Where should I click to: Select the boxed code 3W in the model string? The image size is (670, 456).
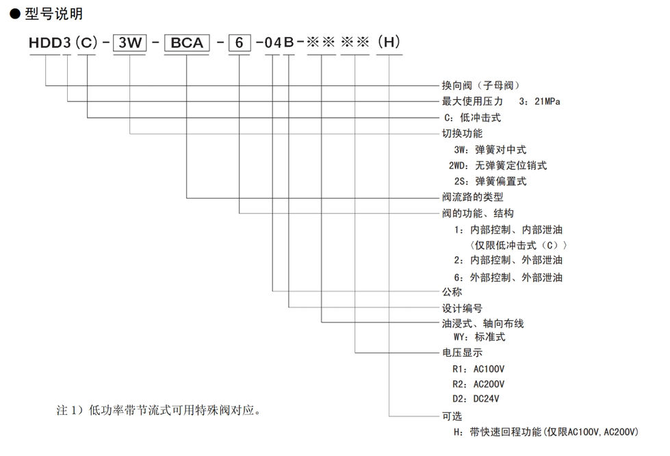[x=129, y=42]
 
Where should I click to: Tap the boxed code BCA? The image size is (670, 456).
[x=186, y=42]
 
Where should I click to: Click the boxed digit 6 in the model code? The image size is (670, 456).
[x=239, y=42]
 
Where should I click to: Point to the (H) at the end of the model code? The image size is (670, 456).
[x=389, y=42]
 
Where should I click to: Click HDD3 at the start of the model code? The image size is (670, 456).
[x=50, y=42]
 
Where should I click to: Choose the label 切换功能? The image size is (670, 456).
[x=462, y=134]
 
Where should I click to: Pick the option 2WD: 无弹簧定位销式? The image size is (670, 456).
[x=498, y=165]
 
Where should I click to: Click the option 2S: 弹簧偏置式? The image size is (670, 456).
[x=490, y=181]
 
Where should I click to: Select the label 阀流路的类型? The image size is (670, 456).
[x=472, y=197]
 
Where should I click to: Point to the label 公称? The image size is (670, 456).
[x=452, y=292]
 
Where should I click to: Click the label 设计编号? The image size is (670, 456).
[x=462, y=308]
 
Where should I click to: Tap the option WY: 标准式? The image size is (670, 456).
[x=478, y=337]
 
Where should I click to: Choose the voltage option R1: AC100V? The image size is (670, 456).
[x=478, y=369]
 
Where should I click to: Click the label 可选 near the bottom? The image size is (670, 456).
[x=452, y=416]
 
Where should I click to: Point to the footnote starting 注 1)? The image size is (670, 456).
[x=158, y=411]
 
